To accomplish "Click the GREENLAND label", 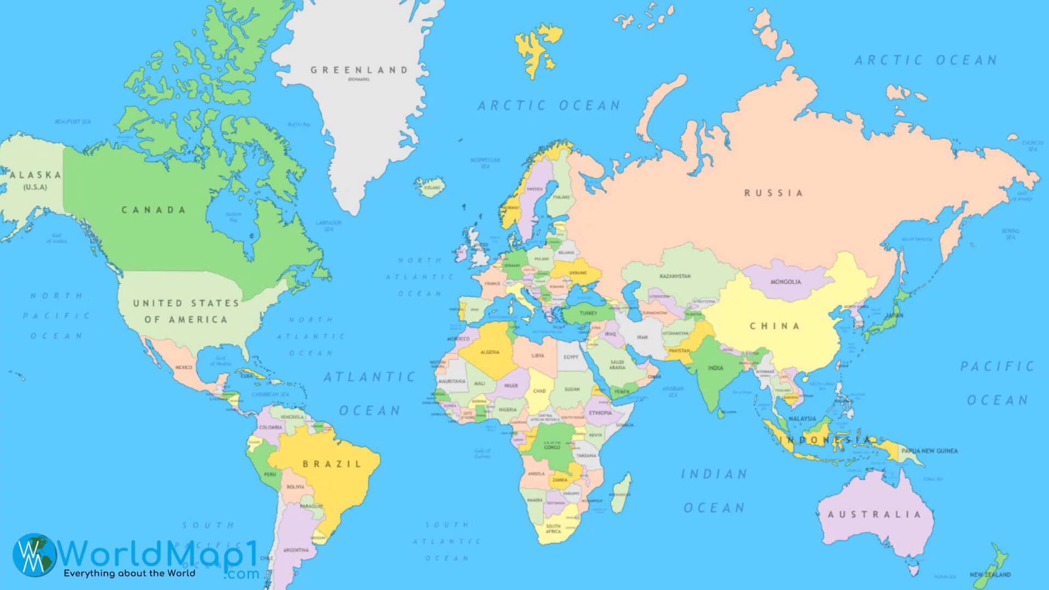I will point(359,70).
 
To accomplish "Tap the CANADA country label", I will point(154,210).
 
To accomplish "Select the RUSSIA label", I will point(774,193).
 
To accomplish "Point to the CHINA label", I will point(775,326).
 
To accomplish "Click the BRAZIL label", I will point(332,464).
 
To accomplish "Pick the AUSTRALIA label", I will point(874,514).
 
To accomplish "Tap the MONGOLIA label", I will point(786,282).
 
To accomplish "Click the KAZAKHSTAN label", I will point(675,276).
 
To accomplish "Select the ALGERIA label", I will point(490,352).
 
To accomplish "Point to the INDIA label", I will point(715,368).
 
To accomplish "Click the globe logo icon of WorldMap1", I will point(34,554).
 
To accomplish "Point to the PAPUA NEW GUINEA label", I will point(929,451).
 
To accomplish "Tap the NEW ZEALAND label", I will point(990,575).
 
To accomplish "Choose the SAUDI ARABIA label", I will point(617,365).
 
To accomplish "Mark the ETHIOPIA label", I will point(600,413).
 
